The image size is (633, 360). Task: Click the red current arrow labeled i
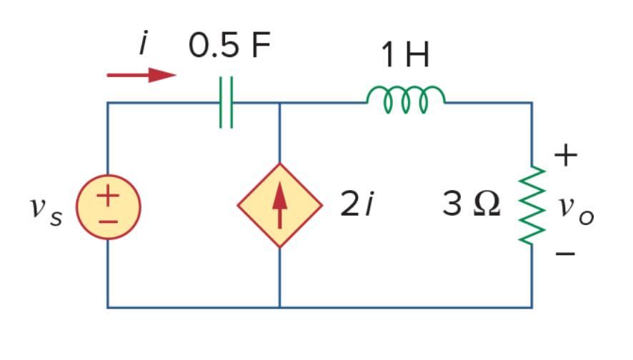pos(141,75)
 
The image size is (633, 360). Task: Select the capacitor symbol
pos(226,103)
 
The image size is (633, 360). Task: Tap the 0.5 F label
pos(229,45)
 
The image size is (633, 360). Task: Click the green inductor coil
pos(406,99)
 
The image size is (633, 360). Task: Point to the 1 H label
pos(405,54)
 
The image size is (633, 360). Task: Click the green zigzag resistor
pos(532,205)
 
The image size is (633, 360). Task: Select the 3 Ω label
pos(471,204)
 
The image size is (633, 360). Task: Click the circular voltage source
pos(108,207)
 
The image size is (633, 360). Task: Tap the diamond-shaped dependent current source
pos(280,206)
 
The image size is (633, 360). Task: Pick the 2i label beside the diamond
pos(357,204)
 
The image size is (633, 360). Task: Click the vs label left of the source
pos(46,211)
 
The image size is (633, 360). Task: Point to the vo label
pos(576,210)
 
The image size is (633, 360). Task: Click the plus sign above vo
pos(566,155)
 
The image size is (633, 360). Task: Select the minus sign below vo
pos(565,254)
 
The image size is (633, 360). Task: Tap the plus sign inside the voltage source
pos(108,196)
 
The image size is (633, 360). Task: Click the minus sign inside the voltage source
pos(108,221)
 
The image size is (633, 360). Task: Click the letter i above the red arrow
pos(144,42)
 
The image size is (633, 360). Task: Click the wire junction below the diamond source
pos(280,308)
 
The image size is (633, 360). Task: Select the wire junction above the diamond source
pos(280,103)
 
